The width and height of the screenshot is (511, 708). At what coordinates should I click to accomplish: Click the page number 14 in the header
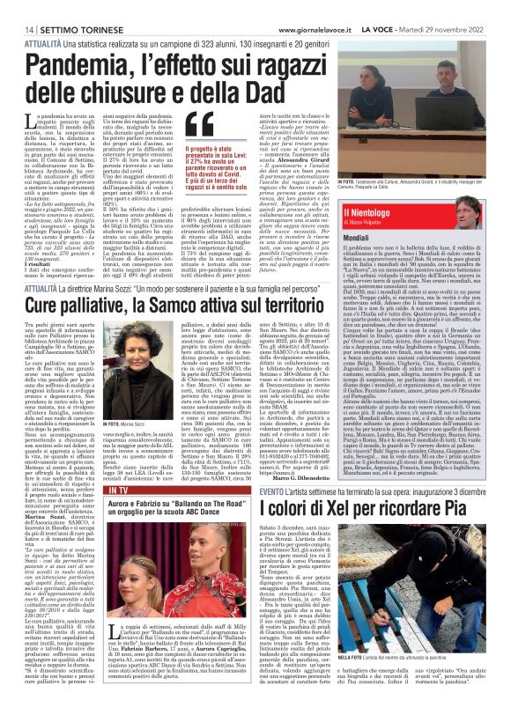pyautogui.click(x=19, y=6)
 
